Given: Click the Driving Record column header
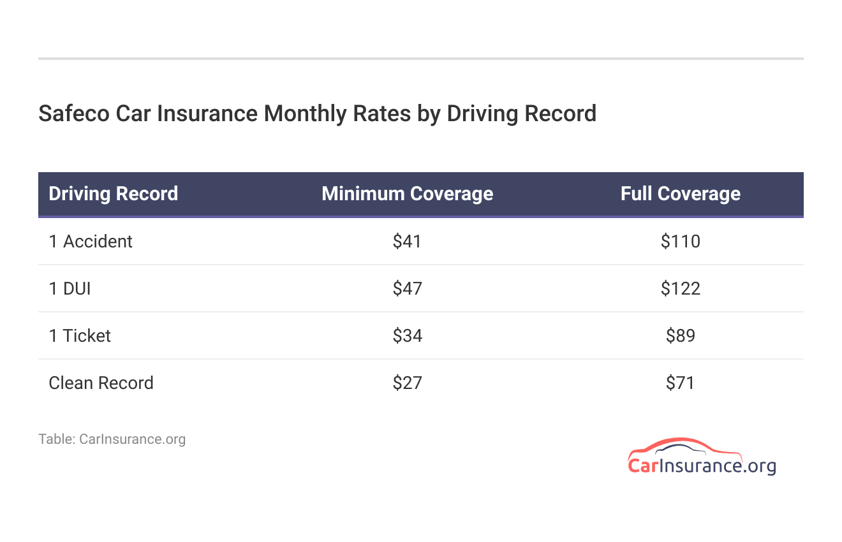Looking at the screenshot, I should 113,194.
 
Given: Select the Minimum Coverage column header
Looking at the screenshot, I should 407,194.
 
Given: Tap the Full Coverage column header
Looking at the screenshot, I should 680,194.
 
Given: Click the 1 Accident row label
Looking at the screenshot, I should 91,242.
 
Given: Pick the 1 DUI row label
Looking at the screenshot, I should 70,289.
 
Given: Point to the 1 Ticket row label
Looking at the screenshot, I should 80,336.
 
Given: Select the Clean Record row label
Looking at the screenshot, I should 101,383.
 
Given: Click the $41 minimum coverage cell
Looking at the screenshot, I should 407,242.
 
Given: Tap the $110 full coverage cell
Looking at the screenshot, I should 680,242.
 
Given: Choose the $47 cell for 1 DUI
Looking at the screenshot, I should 407,289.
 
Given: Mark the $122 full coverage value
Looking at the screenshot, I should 680,289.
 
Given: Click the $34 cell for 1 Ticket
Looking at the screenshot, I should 407,336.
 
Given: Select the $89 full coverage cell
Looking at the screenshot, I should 680,336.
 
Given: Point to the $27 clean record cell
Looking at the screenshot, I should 407,383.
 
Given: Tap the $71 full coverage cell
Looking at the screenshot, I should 680,383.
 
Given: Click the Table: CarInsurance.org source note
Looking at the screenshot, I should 112,439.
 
